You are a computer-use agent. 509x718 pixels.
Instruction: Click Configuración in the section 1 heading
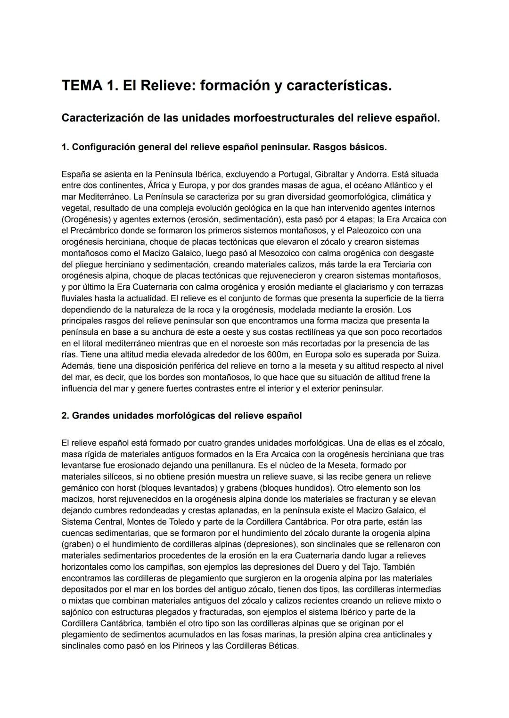click(x=104, y=147)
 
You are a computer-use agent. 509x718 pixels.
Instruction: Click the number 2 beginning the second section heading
click(x=65, y=416)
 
